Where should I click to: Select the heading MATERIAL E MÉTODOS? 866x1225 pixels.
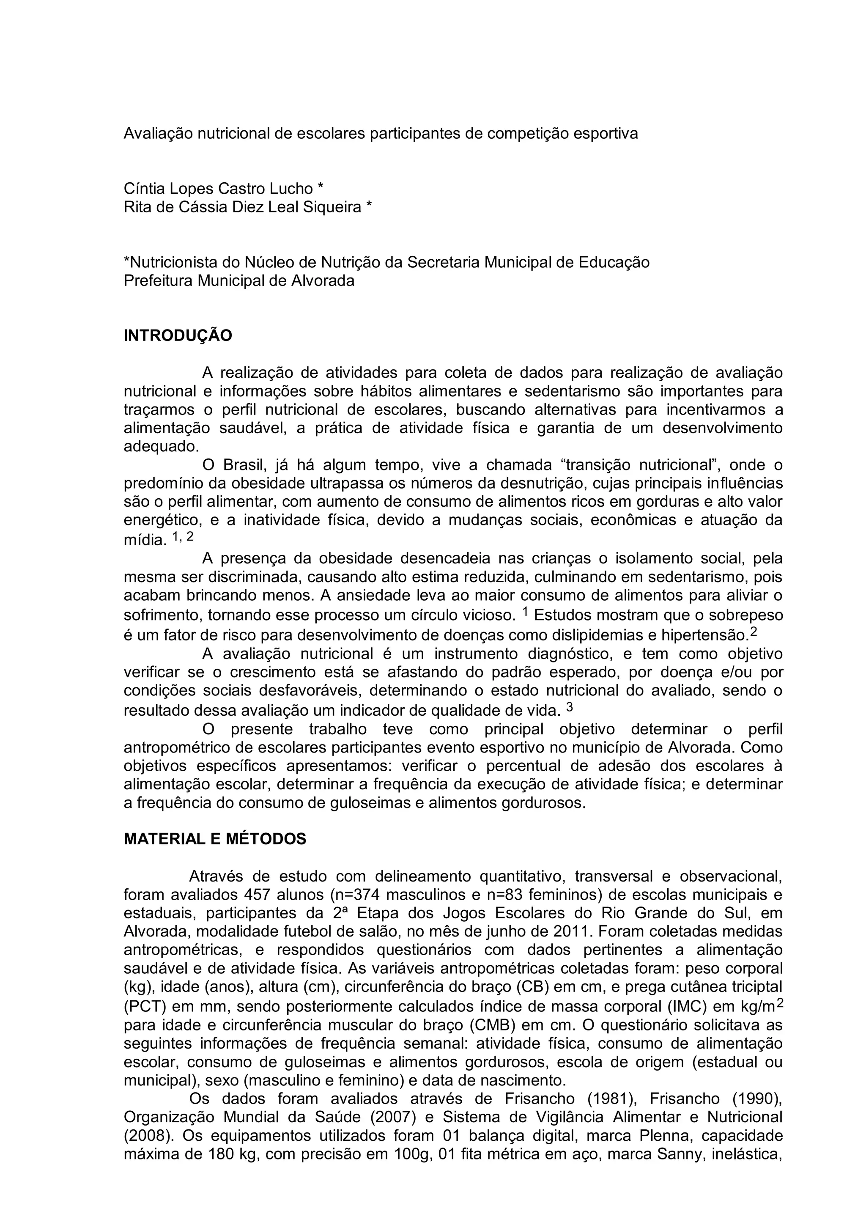pyautogui.click(x=215, y=839)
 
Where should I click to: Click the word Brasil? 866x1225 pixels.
pyautogui.click(x=244, y=465)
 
